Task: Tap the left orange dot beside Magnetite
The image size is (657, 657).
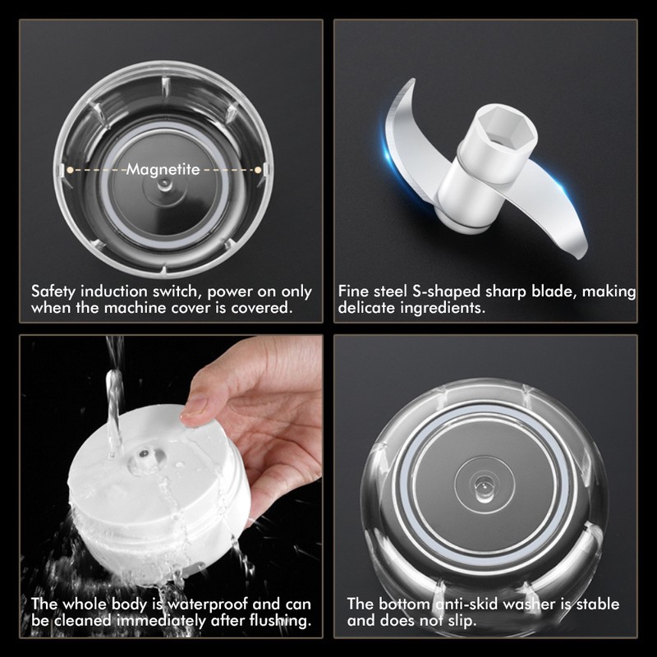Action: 71,169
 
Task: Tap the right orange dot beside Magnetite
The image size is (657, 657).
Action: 259,169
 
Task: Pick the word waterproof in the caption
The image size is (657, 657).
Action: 204,604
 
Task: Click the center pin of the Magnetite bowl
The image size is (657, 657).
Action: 164,186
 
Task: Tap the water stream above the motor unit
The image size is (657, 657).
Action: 114,386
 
